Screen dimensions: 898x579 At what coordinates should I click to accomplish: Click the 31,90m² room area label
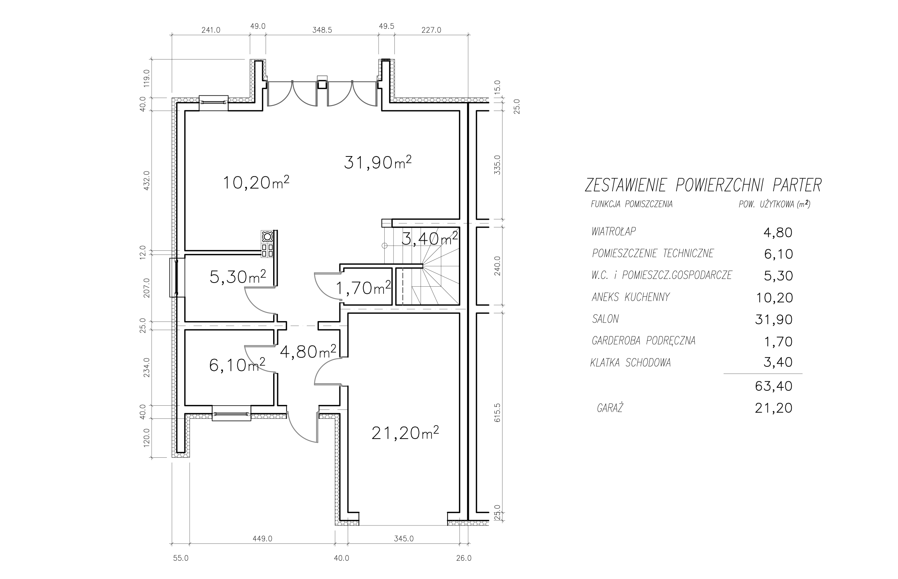[378, 162]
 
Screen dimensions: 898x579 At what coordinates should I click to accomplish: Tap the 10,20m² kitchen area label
[256, 182]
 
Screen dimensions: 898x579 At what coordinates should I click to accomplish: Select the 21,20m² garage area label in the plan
[405, 433]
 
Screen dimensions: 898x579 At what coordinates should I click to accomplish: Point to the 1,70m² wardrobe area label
[363, 288]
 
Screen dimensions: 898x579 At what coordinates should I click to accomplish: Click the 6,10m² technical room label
[237, 365]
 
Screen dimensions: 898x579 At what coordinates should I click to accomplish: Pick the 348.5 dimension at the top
[322, 30]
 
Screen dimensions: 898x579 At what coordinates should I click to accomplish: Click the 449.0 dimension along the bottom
[262, 539]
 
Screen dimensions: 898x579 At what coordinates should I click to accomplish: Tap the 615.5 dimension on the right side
[497, 414]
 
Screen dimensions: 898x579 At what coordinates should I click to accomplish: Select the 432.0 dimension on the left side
[147, 180]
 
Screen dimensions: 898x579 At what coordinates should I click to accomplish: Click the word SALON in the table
[605, 319]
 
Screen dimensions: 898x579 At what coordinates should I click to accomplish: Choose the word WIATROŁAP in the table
[614, 232]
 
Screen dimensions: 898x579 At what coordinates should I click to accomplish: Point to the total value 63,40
[773, 386]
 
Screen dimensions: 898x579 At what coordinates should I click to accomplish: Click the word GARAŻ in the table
[610, 408]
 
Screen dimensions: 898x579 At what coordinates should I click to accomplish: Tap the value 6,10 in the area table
[779, 254]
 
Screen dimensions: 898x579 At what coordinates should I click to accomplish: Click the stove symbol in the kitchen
[267, 244]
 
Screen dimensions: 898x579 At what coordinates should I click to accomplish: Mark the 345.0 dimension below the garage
[404, 539]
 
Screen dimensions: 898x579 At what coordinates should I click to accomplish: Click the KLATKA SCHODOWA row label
[630, 363]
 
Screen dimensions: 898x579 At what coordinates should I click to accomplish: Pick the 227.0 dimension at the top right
[431, 30]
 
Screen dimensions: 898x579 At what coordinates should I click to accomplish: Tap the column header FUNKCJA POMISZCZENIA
[632, 204]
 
